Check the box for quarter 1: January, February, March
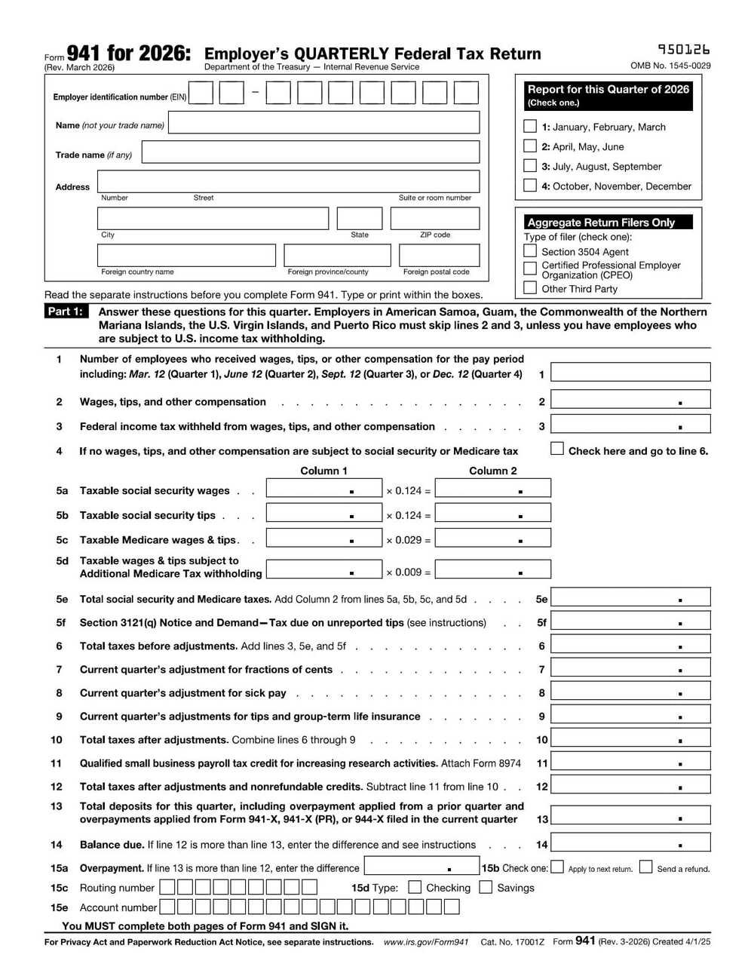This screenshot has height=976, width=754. pos(530,126)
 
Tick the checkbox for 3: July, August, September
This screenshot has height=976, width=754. pos(530,165)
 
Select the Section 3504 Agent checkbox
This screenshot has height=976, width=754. pos(530,251)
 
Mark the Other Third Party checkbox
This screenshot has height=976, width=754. pos(530,288)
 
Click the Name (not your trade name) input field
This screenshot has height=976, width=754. pos(323,123)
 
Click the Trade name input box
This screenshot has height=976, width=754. pos(310,152)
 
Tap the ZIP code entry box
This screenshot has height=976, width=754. pos(434,218)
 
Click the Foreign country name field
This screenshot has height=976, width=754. pos(186,255)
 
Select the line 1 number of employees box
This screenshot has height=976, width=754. pos(630,372)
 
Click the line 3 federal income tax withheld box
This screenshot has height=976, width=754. pos(630,424)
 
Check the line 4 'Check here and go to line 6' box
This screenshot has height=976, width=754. pos(557,449)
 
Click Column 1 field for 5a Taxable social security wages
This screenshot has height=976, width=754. pos(323,489)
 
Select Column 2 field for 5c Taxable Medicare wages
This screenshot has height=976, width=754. pos(493,538)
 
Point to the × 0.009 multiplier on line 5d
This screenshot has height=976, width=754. pos(408,572)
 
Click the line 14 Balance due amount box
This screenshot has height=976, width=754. pos(630,842)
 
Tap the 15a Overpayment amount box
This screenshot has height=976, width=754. pos(421,866)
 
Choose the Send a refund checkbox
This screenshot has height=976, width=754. pos(645,867)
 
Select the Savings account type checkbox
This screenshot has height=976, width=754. pos(486,887)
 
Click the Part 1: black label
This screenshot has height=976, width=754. pos(66,312)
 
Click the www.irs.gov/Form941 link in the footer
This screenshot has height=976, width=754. pos(426,942)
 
